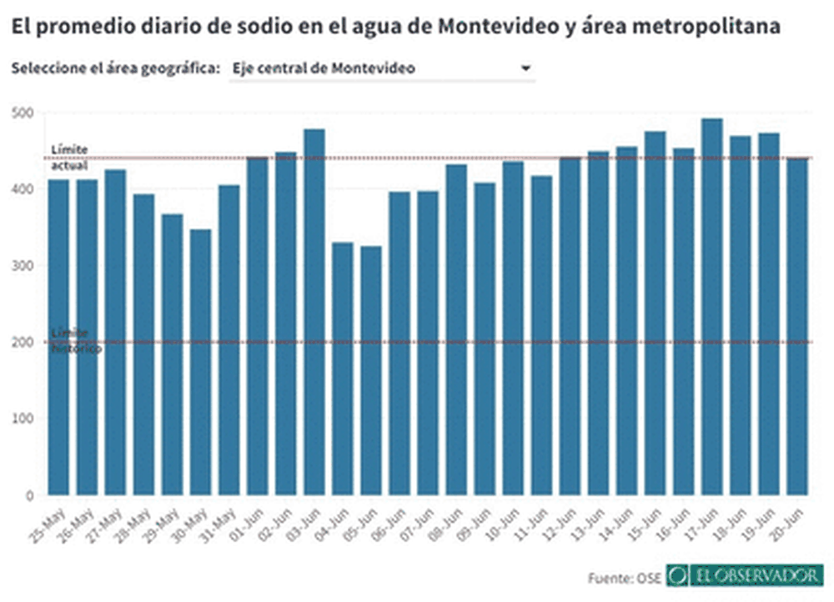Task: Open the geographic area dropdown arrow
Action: click(x=525, y=69)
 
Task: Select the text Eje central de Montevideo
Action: click(x=324, y=69)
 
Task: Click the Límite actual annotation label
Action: click(x=69, y=157)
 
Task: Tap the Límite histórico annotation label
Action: click(x=76, y=341)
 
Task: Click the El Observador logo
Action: click(x=746, y=575)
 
